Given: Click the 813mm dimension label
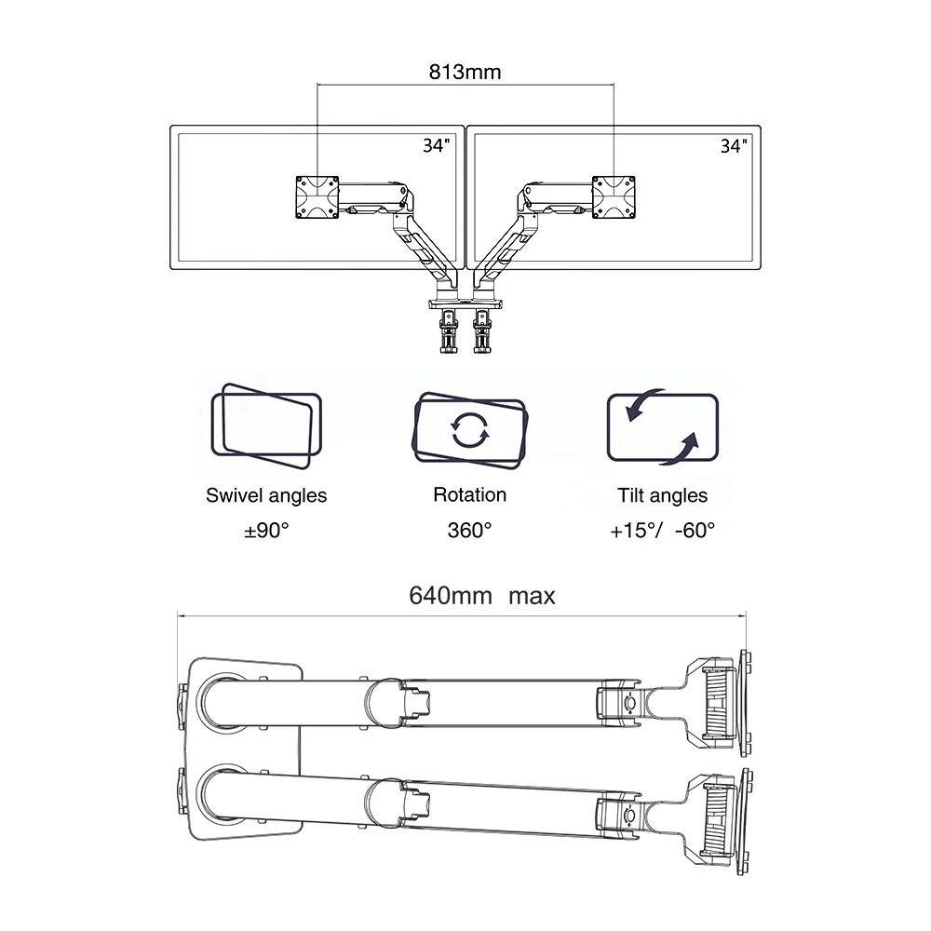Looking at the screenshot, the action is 465,72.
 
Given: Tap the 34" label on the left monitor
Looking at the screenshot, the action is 437,145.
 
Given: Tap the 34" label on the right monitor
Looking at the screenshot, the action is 734,145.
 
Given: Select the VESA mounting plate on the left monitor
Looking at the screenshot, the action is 317,197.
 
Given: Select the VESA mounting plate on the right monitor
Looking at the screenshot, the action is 614,197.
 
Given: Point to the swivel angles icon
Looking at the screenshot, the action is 266,425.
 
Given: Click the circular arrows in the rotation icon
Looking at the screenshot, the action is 469,429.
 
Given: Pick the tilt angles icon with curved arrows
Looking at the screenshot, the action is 663,427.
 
